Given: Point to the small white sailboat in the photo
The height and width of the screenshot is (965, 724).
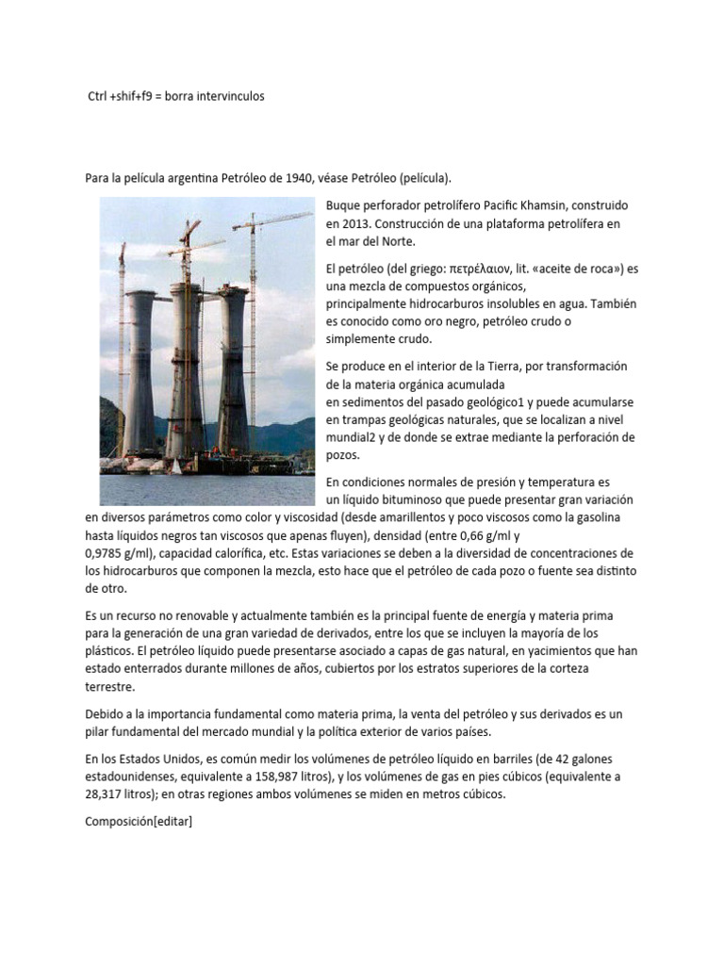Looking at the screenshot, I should click(x=176, y=465).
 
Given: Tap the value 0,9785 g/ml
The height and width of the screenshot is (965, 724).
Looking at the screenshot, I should click(x=124, y=553).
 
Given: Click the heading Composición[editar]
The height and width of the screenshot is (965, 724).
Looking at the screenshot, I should click(x=139, y=822).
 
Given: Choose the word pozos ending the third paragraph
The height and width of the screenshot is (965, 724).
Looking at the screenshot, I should click(x=342, y=455).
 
